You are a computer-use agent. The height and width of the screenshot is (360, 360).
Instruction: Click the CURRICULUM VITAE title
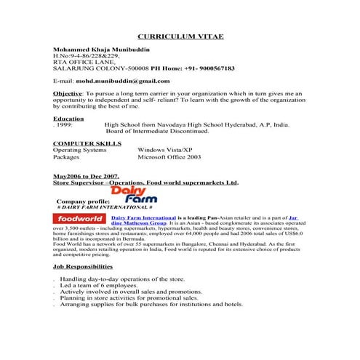pos(180,36)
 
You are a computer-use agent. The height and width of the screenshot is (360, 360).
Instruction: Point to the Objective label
pos(68,94)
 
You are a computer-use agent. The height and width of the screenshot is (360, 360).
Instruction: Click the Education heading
pos(68,119)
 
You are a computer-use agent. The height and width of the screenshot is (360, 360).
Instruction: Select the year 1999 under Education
pos(64,125)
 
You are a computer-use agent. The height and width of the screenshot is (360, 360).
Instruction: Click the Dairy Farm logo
pos(135,194)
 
